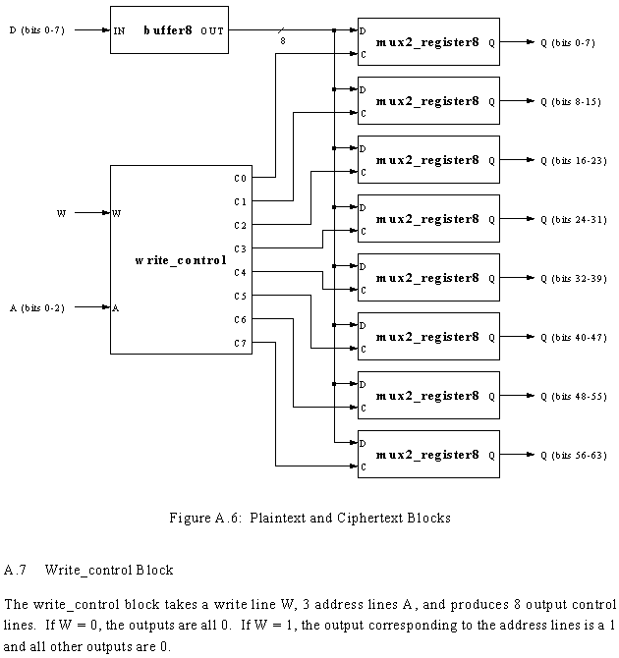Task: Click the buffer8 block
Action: click(168, 30)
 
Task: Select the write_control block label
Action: click(180, 260)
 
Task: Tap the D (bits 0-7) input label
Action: click(37, 30)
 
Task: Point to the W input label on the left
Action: click(62, 212)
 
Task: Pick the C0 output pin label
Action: click(241, 178)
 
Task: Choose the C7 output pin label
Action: click(241, 343)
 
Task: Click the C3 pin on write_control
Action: click(241, 248)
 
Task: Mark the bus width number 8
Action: click(283, 42)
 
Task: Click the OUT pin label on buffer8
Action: click(211, 30)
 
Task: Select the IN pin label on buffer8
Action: click(119, 30)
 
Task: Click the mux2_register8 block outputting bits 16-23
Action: click(428, 159)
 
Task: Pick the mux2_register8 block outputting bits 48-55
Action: click(428, 395)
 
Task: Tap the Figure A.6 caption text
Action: click(309, 518)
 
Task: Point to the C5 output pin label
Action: click(241, 296)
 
